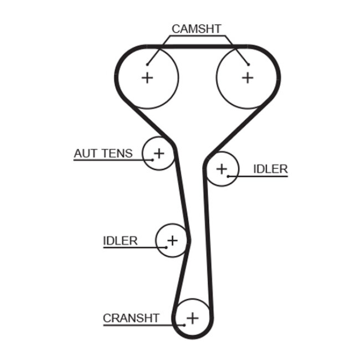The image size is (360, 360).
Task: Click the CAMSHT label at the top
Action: (x=197, y=28)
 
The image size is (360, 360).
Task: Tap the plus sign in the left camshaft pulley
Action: (x=147, y=78)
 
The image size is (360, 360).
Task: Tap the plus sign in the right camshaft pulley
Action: (x=248, y=78)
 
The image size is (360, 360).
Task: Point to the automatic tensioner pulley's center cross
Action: (x=159, y=152)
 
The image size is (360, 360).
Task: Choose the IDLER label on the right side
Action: (x=270, y=169)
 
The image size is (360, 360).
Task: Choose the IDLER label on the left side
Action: (x=120, y=240)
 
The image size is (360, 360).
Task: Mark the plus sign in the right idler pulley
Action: (x=222, y=168)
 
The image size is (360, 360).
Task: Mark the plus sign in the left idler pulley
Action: (x=172, y=240)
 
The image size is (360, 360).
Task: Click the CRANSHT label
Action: (x=131, y=318)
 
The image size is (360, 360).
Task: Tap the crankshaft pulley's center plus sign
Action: (x=192, y=318)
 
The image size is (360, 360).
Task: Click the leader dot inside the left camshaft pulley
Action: (x=148, y=64)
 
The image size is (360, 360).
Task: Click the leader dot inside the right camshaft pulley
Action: (x=249, y=64)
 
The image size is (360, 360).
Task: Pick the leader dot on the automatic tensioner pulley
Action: (x=151, y=159)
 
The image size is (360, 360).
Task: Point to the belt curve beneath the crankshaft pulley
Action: (x=193, y=337)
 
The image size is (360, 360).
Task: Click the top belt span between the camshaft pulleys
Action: (x=198, y=47)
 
